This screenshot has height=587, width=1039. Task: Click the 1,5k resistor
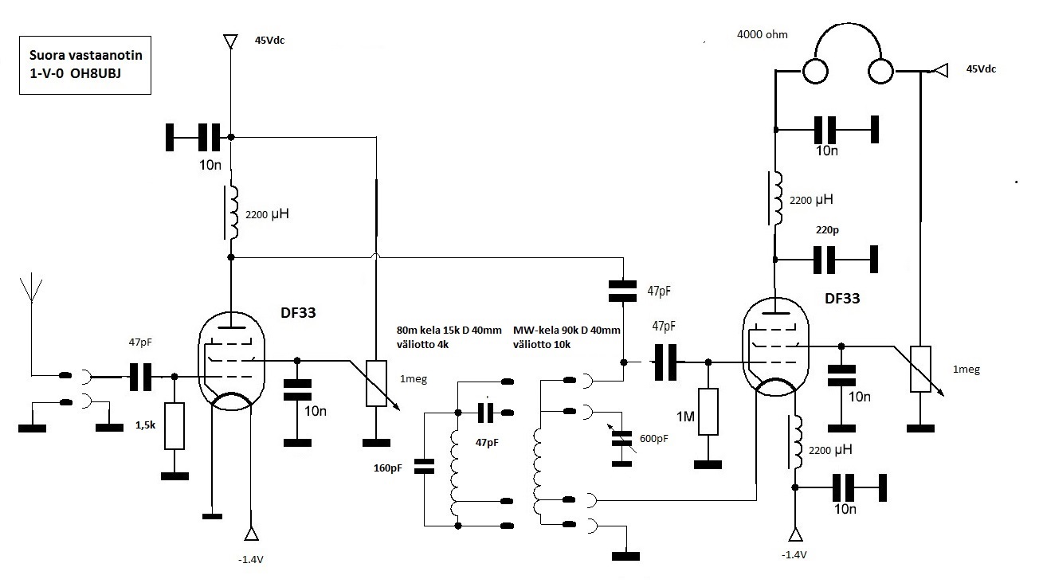point(174,426)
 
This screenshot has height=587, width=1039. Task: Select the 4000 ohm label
point(762,34)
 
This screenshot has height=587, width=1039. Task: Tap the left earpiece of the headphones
point(815,72)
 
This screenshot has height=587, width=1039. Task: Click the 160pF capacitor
point(424,466)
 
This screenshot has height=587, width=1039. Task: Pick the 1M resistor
point(708,412)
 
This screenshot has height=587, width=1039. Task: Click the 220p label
point(827,230)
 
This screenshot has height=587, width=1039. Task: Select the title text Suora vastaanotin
point(86,55)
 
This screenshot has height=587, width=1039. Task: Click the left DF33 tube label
point(298,313)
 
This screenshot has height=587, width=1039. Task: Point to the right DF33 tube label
point(842,299)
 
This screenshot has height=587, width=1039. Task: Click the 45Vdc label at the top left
point(269,41)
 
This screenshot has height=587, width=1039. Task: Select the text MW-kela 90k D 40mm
point(567,330)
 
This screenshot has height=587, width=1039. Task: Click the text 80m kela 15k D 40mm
point(449,330)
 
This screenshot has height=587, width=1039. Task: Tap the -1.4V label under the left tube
point(251,560)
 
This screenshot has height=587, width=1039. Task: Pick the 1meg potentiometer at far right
point(920,369)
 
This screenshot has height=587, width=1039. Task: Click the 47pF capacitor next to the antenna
point(140,377)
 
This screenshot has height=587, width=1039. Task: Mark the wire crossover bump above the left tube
point(376,256)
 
